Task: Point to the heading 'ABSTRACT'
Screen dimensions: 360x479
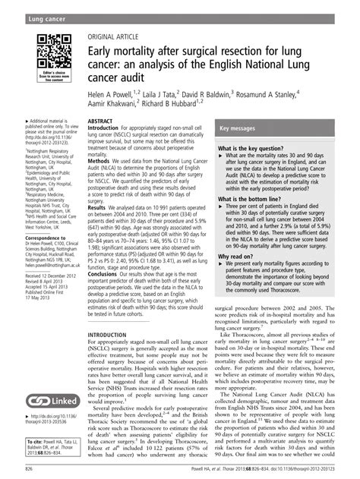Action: coord(102,121)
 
